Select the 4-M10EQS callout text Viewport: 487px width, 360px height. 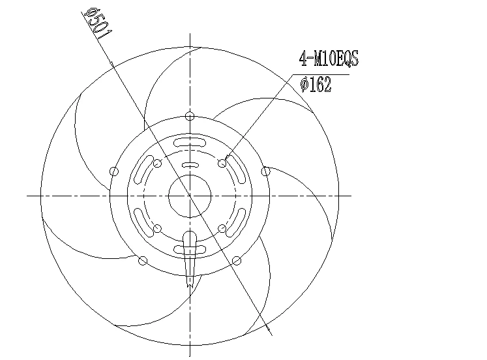[x=329, y=61]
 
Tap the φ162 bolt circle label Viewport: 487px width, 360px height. [x=316, y=84]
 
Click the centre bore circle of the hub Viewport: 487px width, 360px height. [x=190, y=195]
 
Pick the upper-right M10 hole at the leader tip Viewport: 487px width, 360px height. [x=222, y=163]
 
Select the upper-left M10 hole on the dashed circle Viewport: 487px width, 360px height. [x=157, y=163]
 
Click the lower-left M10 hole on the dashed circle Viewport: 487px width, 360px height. [x=157, y=228]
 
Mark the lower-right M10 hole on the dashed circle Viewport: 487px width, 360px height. [x=222, y=228]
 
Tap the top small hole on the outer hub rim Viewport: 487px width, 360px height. [x=190, y=116]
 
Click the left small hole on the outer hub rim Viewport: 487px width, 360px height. [x=114, y=172]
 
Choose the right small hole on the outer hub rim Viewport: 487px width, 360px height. [x=265, y=172]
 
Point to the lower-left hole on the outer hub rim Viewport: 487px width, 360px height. [x=143, y=261]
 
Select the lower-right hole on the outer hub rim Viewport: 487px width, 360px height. [x=236, y=261]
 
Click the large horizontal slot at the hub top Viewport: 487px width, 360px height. [x=190, y=142]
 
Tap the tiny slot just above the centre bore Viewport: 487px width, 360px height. [x=190, y=164]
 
